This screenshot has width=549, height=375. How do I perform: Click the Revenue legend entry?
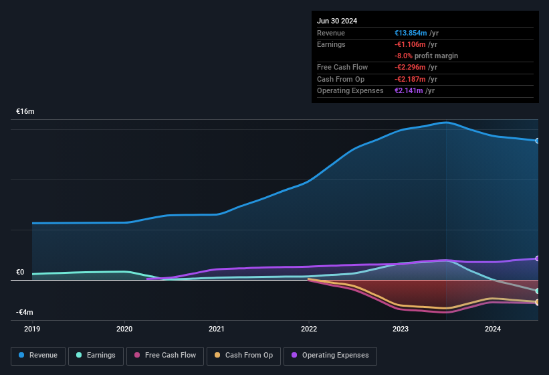(38, 356)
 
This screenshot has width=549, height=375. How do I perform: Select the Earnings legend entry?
(96, 356)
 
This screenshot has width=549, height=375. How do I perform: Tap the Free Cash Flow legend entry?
(165, 356)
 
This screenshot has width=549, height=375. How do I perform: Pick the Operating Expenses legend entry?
(330, 356)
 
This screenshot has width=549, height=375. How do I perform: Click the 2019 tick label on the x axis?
(32, 329)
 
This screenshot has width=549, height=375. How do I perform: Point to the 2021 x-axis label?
(216, 329)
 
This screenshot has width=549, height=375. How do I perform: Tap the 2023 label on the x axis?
(400, 329)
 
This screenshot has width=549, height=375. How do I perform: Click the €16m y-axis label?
(25, 111)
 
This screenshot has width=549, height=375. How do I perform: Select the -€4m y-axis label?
(25, 312)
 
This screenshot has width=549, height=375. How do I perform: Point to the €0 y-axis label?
(21, 273)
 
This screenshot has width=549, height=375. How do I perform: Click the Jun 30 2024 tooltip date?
(337, 21)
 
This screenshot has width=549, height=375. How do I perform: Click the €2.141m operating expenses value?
(410, 90)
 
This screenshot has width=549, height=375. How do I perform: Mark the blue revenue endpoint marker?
(537, 141)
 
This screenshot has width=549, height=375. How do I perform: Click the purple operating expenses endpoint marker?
(537, 258)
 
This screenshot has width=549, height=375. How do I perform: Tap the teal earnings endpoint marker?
(537, 291)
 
